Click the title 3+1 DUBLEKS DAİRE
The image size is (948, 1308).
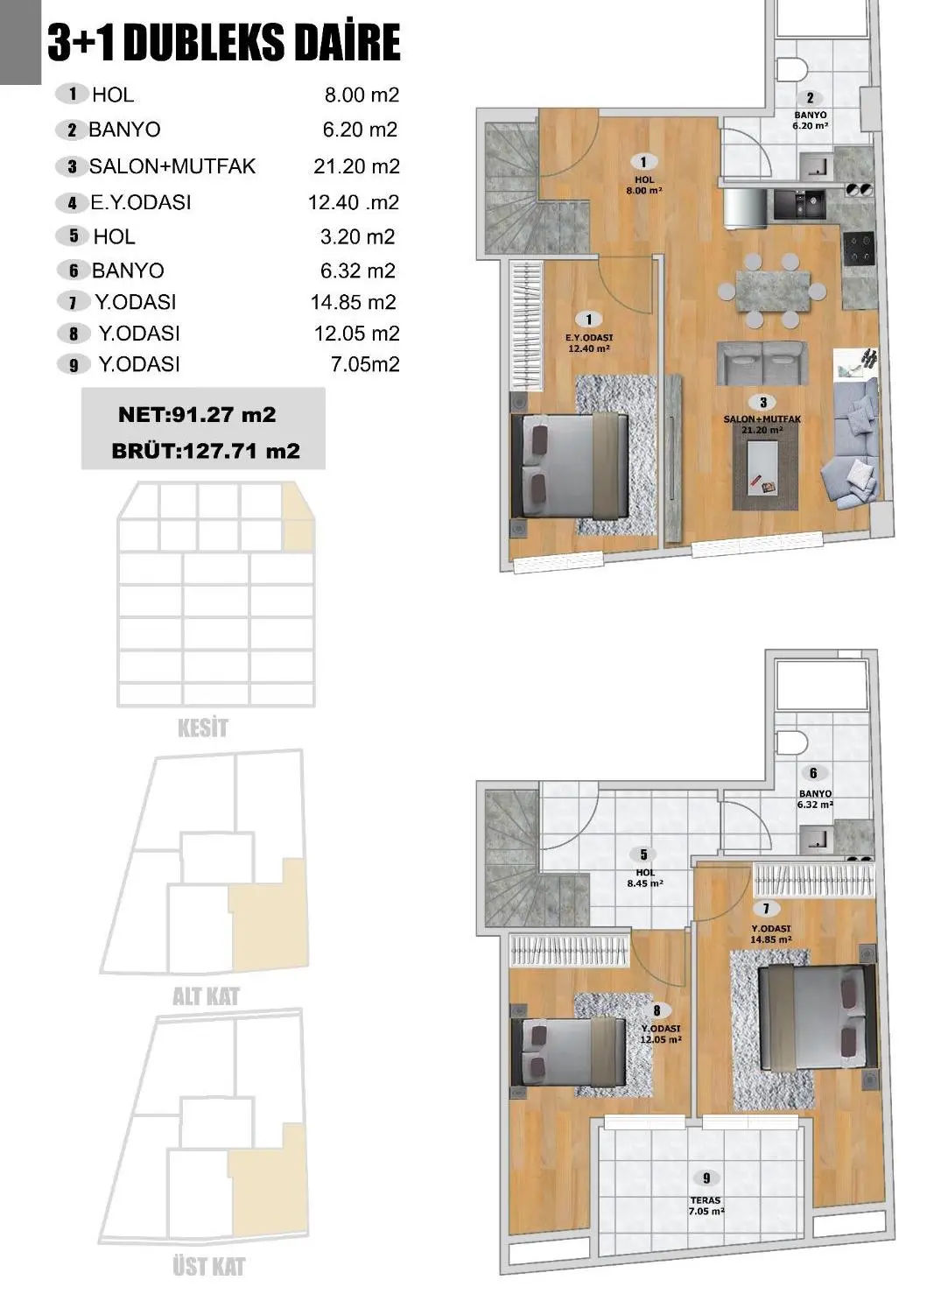[x=224, y=44]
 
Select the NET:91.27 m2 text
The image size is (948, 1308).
[x=196, y=414]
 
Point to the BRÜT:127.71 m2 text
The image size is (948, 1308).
[x=206, y=451]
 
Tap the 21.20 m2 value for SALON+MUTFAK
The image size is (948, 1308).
[x=356, y=166]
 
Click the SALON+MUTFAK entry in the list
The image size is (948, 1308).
[x=172, y=166]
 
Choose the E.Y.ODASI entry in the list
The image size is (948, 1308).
[x=140, y=202]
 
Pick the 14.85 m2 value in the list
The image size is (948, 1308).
[x=353, y=302]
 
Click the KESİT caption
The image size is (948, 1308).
[x=202, y=728]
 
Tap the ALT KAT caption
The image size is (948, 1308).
[x=206, y=996]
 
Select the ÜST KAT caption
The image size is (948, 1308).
[x=208, y=1266]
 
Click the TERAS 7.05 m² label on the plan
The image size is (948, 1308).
[x=706, y=1206]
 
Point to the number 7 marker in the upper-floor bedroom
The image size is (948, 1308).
[x=766, y=909]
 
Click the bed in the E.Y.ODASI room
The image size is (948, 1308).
[x=573, y=465]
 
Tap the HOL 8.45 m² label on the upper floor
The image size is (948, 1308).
[x=644, y=877]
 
